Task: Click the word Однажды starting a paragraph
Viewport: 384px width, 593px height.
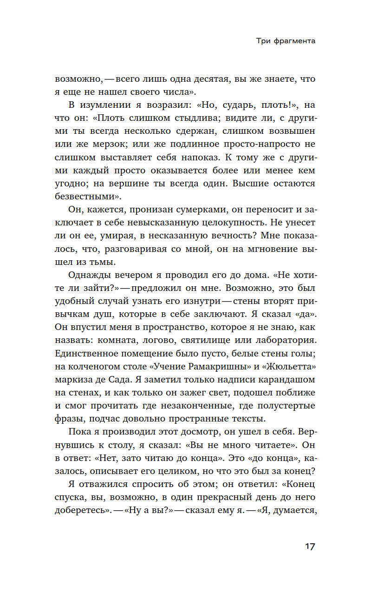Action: click(x=89, y=275)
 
